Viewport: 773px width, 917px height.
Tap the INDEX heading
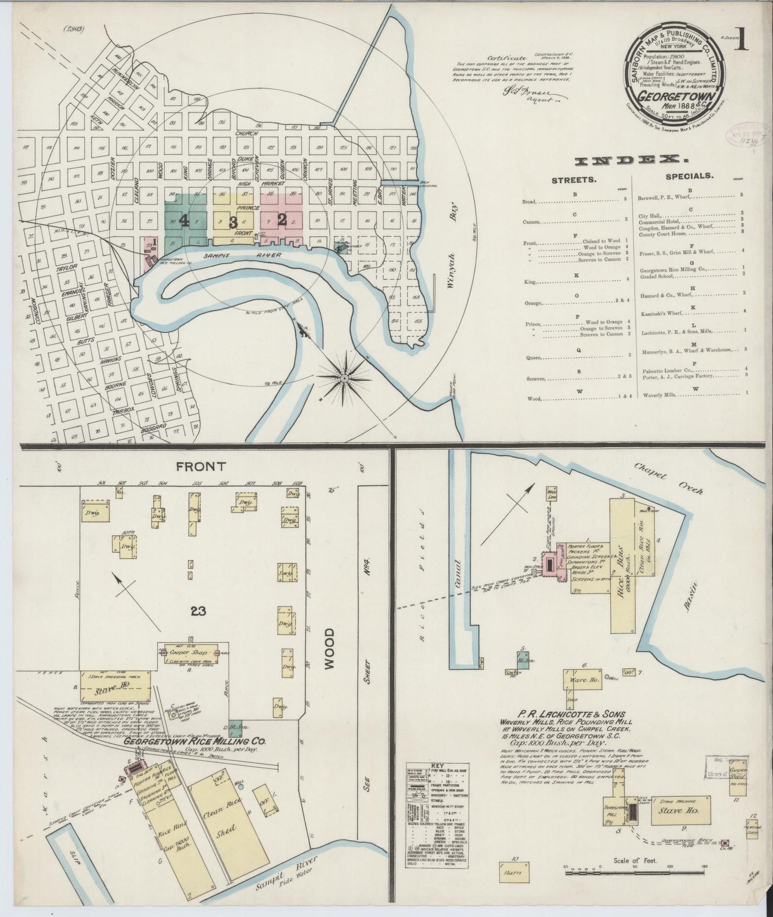632,159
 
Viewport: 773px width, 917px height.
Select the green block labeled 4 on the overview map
184,220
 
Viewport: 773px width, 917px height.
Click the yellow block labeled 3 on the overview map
233,222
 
